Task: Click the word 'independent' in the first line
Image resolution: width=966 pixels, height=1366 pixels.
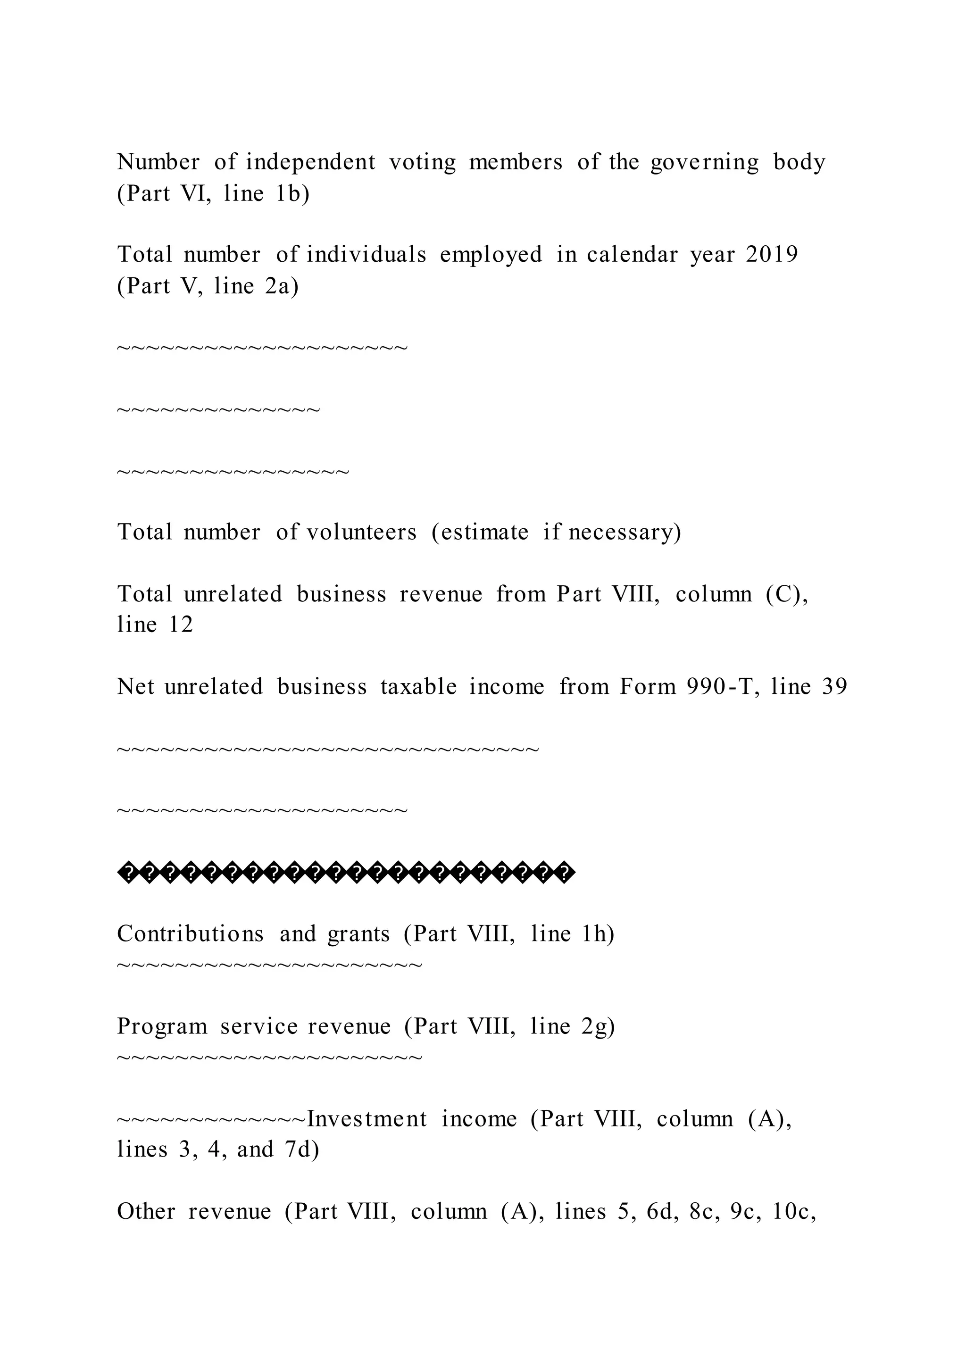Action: [310, 162]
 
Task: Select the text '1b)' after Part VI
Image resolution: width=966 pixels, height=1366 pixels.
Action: [292, 193]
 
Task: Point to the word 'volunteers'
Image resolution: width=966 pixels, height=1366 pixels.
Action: [362, 531]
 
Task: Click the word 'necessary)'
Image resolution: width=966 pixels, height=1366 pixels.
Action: [625, 531]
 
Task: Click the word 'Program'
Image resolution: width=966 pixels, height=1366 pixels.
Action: [162, 1026]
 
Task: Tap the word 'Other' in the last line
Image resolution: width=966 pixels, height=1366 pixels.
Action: [146, 1211]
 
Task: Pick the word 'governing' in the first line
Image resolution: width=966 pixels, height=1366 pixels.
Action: [704, 162]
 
